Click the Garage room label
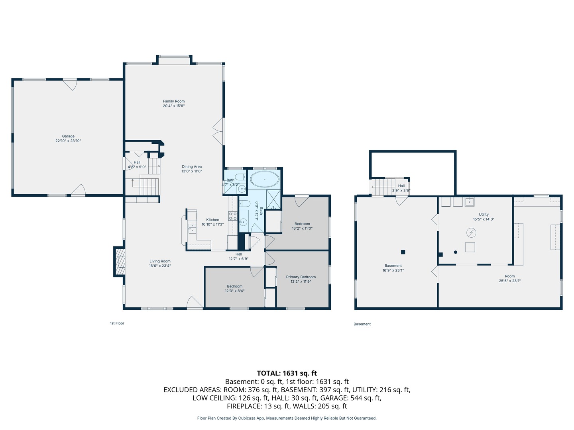68,136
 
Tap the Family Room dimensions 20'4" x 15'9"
174,106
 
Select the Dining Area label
192,166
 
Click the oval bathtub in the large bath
265,179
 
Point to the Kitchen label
212,220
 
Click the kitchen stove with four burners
233,216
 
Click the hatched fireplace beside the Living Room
120,261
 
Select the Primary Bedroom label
301,277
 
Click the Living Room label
160,261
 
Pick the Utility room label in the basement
484,214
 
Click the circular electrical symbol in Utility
471,233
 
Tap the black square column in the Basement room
403,252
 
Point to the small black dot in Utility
456,252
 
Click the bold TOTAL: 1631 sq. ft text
287,373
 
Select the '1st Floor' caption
117,323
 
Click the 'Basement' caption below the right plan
362,324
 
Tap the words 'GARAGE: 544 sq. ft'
351,398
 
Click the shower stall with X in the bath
273,199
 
